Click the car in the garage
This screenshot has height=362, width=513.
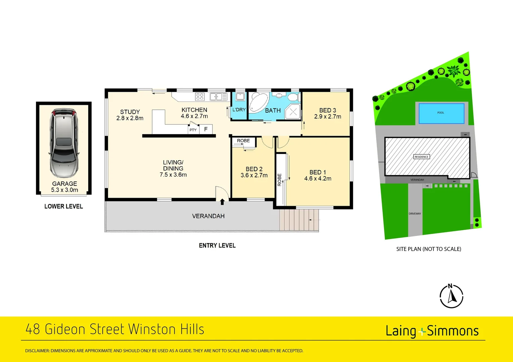[x=64, y=142]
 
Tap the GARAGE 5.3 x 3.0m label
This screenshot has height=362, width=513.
[x=64, y=187]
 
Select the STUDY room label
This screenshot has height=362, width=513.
[x=130, y=115]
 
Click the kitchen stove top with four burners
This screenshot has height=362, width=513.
[x=200, y=97]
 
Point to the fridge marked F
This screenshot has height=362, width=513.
[x=206, y=129]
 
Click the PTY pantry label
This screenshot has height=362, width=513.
[x=193, y=130]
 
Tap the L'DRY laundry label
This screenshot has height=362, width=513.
[x=239, y=110]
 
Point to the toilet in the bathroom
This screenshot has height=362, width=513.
[x=293, y=97]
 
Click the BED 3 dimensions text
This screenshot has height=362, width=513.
[x=328, y=117]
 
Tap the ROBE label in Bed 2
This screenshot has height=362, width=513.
[x=243, y=141]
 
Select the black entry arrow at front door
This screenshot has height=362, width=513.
[x=222, y=202]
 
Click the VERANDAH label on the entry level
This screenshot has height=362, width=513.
[x=208, y=216]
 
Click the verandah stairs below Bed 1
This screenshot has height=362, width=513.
[x=299, y=220]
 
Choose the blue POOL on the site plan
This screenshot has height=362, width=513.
[x=441, y=113]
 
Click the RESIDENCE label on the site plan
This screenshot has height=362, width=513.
[x=421, y=157]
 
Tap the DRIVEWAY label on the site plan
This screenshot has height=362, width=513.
[x=415, y=214]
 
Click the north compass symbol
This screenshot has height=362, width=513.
[x=452, y=296]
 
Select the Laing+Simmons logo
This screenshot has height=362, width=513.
[x=432, y=331]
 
